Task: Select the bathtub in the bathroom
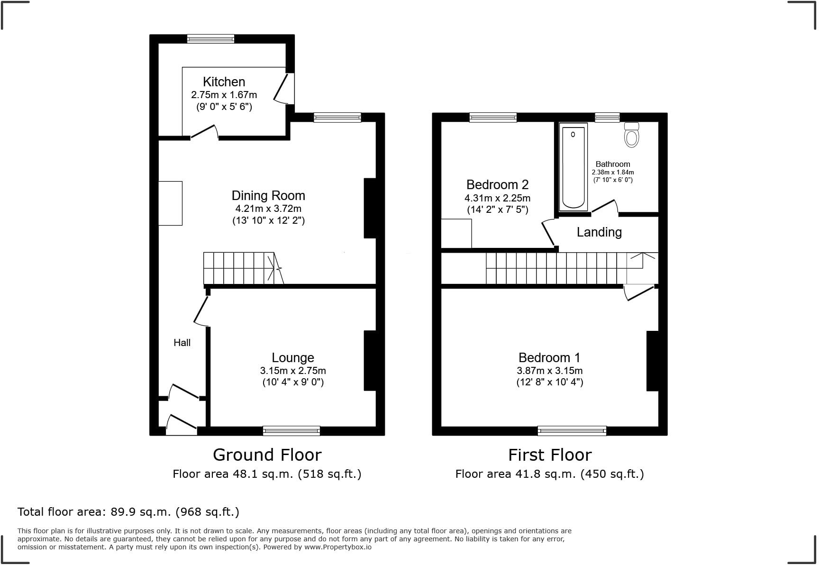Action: coord(573,167)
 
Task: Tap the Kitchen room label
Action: coord(224,82)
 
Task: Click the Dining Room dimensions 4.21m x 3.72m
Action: coord(268,209)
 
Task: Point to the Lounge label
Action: coord(292,357)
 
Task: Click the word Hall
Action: coord(182,343)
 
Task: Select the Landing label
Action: coord(599,232)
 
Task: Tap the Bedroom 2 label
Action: coord(497,184)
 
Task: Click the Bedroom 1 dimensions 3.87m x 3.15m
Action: coord(549,371)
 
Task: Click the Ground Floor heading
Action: coord(267,455)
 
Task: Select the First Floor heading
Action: coord(550,455)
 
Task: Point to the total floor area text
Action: coord(128,511)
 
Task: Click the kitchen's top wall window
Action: coord(210,39)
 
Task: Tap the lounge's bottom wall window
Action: coord(291,430)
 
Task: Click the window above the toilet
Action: coord(607,117)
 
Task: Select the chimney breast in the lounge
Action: coord(370,361)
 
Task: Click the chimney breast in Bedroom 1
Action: coord(652,361)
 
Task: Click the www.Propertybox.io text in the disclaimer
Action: coord(338,547)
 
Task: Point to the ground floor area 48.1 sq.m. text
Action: coord(267,474)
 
